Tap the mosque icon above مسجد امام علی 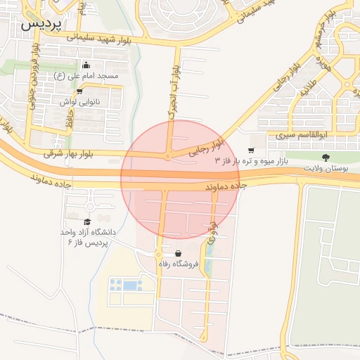(x=86, y=66)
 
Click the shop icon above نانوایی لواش (x=79, y=91)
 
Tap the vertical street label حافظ (x=69, y=115)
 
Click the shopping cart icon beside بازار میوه (x=251, y=151)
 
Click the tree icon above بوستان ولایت (x=325, y=158)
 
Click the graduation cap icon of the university (x=87, y=222)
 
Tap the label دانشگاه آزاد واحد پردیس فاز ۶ (x=87, y=236)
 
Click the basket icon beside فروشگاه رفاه (x=178, y=254)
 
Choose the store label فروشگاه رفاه (x=179, y=264)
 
